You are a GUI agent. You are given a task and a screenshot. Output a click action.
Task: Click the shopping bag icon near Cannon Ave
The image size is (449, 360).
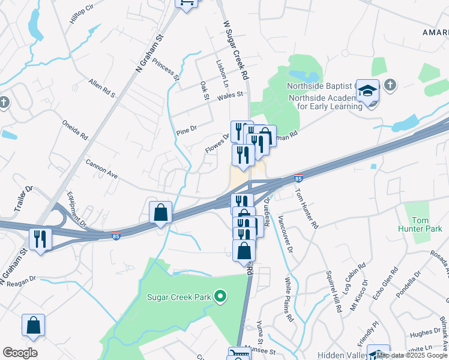(160, 212)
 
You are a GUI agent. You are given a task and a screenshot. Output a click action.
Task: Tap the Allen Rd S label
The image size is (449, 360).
(101, 88)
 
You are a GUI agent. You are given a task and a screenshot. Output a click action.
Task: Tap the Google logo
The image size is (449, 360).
(20, 353)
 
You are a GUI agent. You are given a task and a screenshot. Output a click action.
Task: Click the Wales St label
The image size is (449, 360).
(230, 95)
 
